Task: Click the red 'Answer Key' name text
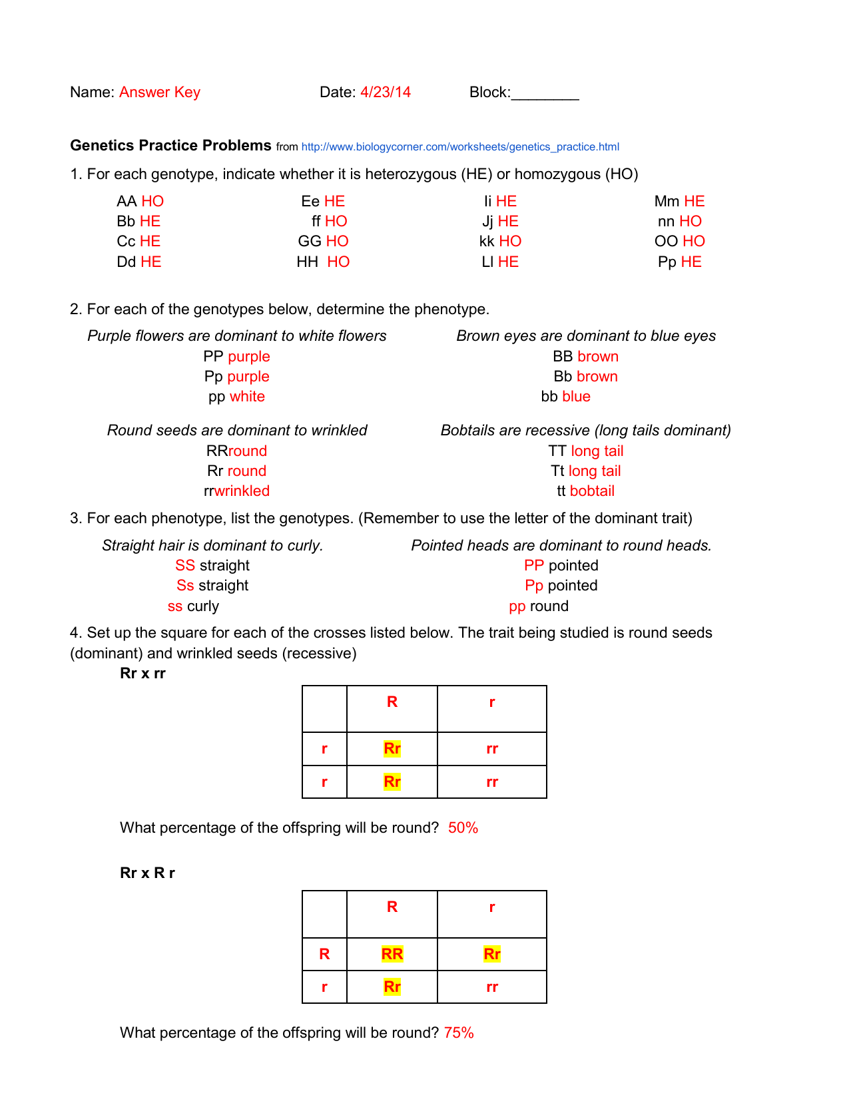pyautogui.click(x=159, y=93)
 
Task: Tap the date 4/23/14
pyautogui.click(x=385, y=93)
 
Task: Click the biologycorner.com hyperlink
pyautogui.click(x=459, y=147)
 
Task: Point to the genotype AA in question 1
pyautogui.click(x=127, y=202)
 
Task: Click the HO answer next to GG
pyautogui.click(x=337, y=242)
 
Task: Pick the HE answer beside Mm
pyautogui.click(x=694, y=202)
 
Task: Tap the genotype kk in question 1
pyautogui.click(x=487, y=242)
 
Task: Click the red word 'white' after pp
pyautogui.click(x=247, y=397)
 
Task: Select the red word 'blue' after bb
pyautogui.click(x=576, y=397)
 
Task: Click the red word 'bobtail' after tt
pyautogui.click(x=592, y=491)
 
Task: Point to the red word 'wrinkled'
pyautogui.click(x=242, y=491)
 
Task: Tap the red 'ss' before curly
pyautogui.click(x=175, y=606)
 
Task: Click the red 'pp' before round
pyautogui.click(x=517, y=606)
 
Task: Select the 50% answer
pyautogui.click(x=463, y=828)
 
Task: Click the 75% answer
pyautogui.click(x=459, y=1033)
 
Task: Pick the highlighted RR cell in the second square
pyautogui.click(x=392, y=955)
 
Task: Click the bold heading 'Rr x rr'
pyautogui.click(x=142, y=674)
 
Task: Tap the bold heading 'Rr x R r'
pyautogui.click(x=147, y=873)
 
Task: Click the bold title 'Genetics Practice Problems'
pyautogui.click(x=170, y=146)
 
